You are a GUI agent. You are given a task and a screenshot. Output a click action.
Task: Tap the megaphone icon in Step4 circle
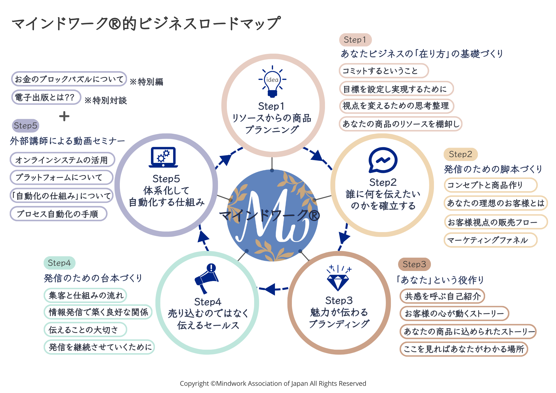point(207,278)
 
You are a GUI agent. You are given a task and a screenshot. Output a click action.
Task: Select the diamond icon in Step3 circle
point(338,279)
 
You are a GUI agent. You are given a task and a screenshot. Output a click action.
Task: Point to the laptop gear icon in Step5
point(163,157)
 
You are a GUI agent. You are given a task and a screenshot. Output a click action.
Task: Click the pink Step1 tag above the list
point(355,40)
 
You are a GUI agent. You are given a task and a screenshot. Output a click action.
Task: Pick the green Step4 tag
point(59,263)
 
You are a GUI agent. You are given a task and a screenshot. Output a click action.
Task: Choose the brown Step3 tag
point(414,264)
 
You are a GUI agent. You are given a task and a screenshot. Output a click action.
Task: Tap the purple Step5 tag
point(25,126)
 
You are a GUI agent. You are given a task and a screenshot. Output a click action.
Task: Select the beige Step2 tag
point(460,154)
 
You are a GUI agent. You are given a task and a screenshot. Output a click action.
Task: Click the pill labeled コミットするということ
point(383,71)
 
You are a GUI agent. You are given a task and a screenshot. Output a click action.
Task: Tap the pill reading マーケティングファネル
point(490,240)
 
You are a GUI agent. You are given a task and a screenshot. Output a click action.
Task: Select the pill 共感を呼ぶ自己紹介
point(442,296)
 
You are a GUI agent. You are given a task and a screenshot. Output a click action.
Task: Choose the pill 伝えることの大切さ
point(85,330)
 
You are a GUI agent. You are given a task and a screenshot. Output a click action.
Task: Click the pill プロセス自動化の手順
point(58,214)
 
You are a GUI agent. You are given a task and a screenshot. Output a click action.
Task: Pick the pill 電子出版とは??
point(46,98)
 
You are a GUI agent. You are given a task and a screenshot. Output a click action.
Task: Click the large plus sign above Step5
point(64,116)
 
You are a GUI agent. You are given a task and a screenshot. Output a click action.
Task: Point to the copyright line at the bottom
point(273,384)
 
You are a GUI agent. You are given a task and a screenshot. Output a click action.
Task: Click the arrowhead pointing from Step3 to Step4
point(270,289)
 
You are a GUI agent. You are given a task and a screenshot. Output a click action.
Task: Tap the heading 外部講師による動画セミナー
point(68,141)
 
